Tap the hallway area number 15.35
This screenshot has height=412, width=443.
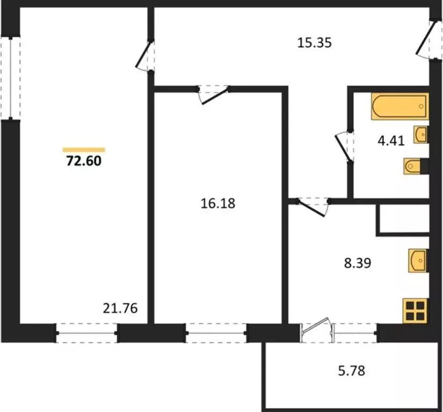tap(316, 42)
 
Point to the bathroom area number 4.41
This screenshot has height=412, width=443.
tap(390, 141)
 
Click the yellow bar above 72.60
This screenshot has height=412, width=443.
tap(84, 150)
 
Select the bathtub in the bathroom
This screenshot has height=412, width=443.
tap(399, 107)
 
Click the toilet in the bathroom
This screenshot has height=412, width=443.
tap(415, 167)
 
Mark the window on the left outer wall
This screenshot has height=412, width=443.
tap(10, 78)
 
